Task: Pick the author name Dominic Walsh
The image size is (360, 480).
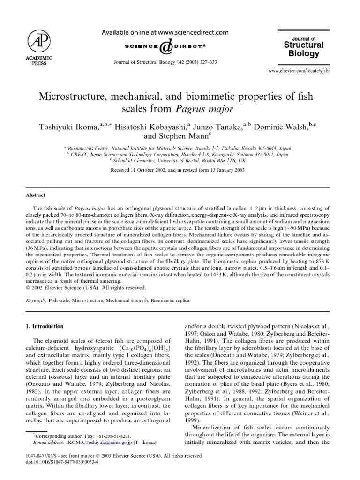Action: point(285,126)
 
